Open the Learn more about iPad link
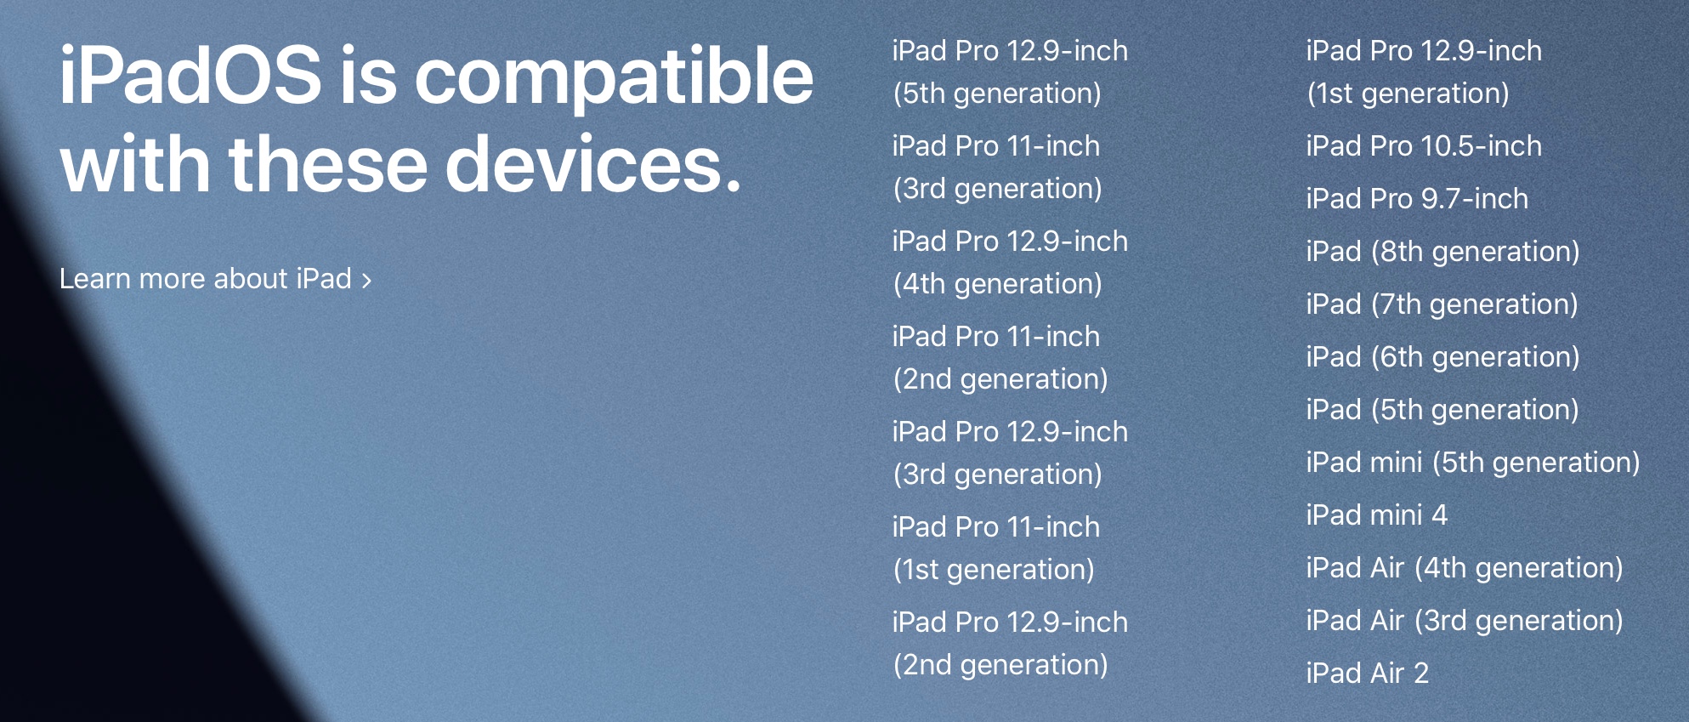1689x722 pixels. [x=216, y=279]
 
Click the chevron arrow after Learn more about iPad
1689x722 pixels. [x=366, y=281]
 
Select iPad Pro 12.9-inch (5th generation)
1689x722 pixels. [x=1010, y=72]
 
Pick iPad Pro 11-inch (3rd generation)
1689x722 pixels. [x=997, y=168]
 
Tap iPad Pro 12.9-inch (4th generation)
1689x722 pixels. [x=1010, y=263]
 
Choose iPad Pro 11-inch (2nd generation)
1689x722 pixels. [x=1000, y=358]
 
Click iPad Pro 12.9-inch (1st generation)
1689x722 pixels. [x=1424, y=72]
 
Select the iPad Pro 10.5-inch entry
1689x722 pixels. [x=1424, y=146]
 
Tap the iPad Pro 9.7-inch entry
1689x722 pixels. [x=1417, y=199]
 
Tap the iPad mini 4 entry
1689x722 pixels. [x=1376, y=515]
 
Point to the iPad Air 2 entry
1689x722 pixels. [x=1367, y=674]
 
